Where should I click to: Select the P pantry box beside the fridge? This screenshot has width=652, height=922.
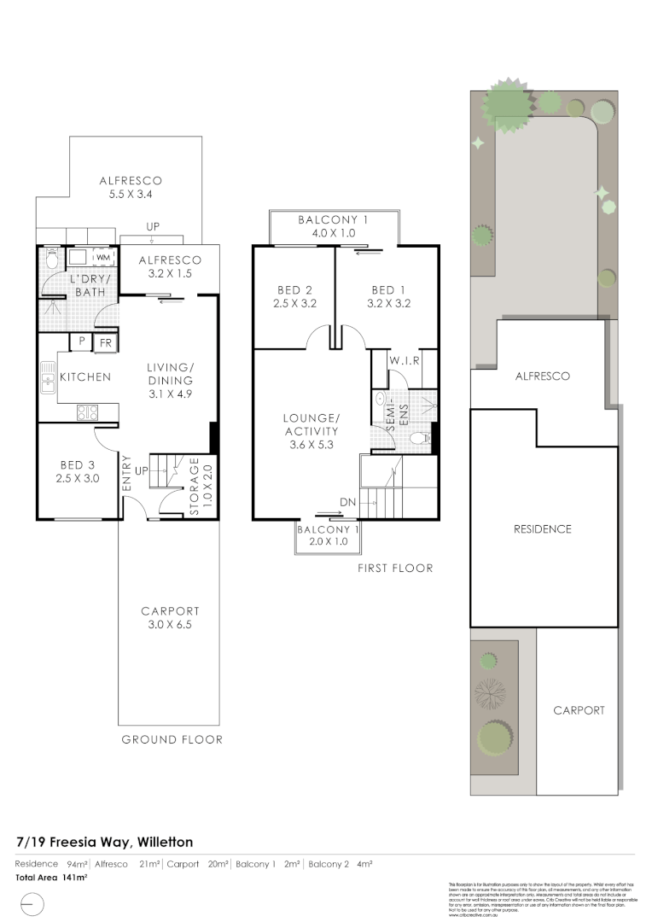(82, 341)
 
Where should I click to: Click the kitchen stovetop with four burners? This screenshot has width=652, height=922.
(87, 412)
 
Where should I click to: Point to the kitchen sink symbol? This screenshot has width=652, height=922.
(47, 376)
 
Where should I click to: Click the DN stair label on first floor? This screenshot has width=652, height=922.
(348, 501)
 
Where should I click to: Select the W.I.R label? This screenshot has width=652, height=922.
(405, 361)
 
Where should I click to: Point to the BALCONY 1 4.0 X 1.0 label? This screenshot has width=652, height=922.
(333, 226)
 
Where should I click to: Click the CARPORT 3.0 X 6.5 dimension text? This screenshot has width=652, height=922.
(170, 625)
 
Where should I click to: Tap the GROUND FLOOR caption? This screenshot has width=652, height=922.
(171, 739)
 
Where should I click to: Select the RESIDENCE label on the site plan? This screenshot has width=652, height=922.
(543, 529)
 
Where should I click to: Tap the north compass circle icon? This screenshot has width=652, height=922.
(31, 903)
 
